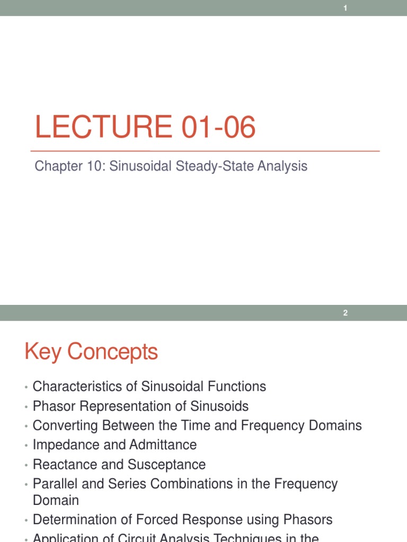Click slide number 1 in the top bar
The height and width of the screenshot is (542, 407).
click(x=345, y=8)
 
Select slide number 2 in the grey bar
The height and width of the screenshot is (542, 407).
click(x=345, y=313)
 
